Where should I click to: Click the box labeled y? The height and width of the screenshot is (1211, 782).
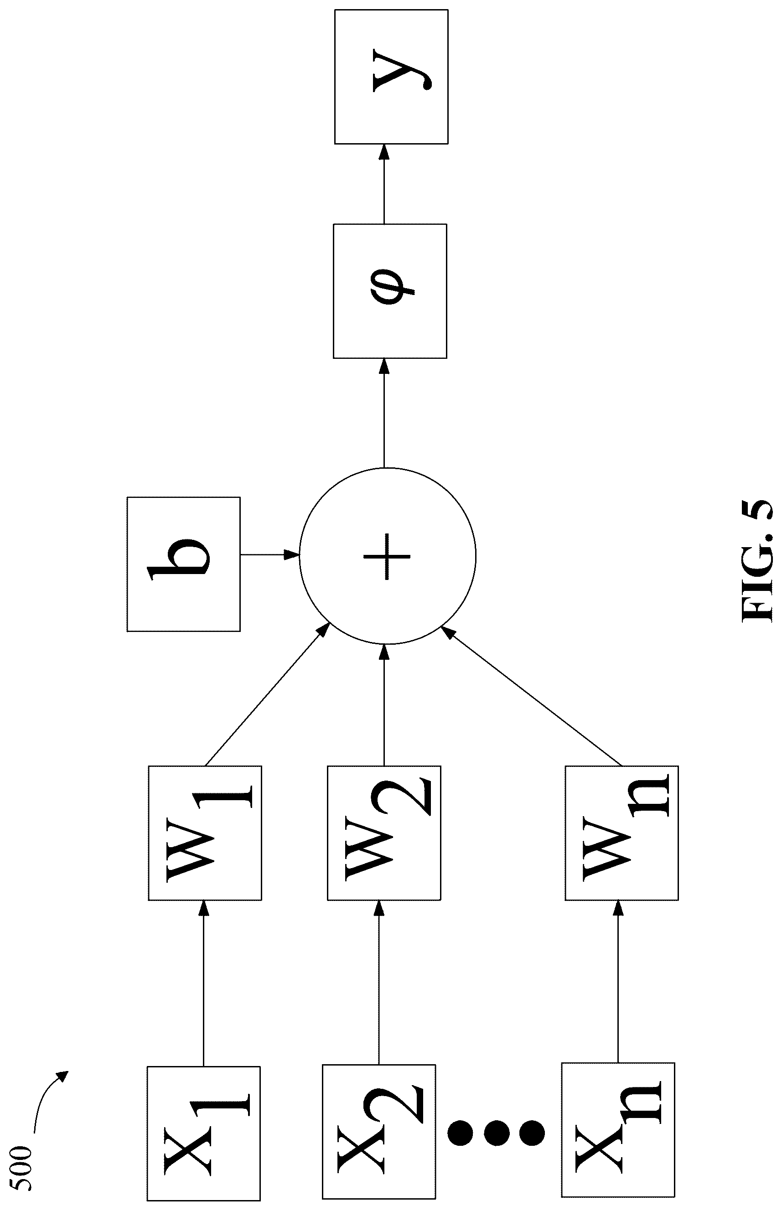point(391,77)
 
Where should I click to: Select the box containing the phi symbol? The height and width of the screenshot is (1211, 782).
point(390,291)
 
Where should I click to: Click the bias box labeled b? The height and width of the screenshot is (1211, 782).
point(183,564)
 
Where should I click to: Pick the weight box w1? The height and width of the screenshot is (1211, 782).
point(205,833)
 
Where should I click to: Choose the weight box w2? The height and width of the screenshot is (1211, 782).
point(384,833)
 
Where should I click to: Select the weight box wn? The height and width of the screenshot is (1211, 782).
point(621,833)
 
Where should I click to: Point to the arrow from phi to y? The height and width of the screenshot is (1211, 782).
point(384,184)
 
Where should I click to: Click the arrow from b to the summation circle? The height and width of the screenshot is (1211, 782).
point(270,554)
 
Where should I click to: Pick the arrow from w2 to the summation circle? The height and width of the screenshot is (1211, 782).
point(384,705)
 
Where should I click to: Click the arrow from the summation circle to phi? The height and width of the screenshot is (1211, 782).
point(384,413)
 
